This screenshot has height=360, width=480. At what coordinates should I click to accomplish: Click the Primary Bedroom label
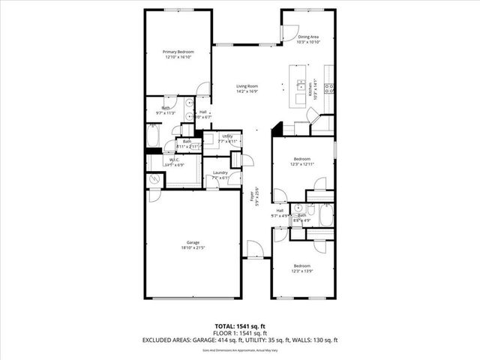click(173, 52)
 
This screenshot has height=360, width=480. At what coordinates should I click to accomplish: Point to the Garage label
click(193, 242)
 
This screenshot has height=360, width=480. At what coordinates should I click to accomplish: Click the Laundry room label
click(220, 173)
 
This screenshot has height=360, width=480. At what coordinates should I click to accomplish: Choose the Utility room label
click(227, 136)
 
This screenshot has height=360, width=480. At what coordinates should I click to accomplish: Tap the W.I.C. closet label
click(173, 160)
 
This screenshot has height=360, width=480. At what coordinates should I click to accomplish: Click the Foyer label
click(252, 197)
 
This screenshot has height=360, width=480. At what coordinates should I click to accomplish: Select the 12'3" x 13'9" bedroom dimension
click(302, 271)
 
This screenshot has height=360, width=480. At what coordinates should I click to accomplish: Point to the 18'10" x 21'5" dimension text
click(193, 247)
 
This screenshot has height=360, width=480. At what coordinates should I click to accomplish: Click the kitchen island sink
click(300, 84)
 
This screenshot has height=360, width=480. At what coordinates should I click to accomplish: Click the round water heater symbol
click(154, 180)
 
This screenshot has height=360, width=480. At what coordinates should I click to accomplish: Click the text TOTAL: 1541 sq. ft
click(240, 325)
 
